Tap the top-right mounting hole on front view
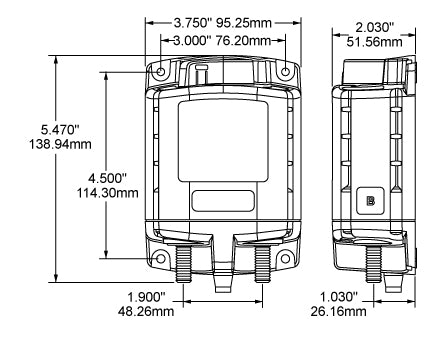(285, 73)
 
